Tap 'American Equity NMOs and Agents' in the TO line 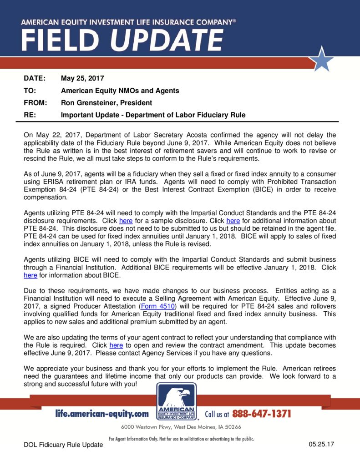(120, 91)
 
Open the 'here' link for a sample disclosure (126, 221)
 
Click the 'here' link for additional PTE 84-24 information (233, 221)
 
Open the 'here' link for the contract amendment (116, 345)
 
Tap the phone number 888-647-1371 (261, 414)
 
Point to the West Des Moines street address (181, 427)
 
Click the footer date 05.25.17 (321, 444)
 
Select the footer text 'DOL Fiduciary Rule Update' (63, 445)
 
